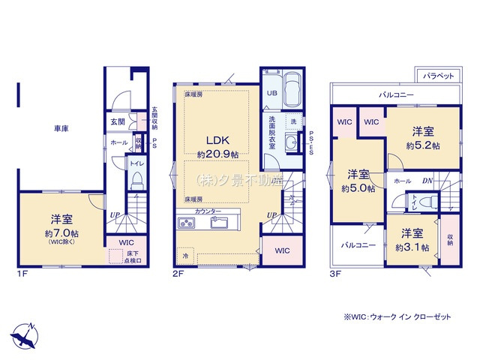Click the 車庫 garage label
(61, 129)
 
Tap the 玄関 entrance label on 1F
(118, 121)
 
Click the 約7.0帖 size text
(61, 232)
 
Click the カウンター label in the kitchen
(208, 212)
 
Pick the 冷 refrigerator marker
(185, 256)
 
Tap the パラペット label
(435, 76)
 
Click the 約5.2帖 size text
(423, 145)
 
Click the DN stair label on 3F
(427, 181)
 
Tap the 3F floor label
(335, 274)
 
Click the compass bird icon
(22, 333)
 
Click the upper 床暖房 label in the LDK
(193, 95)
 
